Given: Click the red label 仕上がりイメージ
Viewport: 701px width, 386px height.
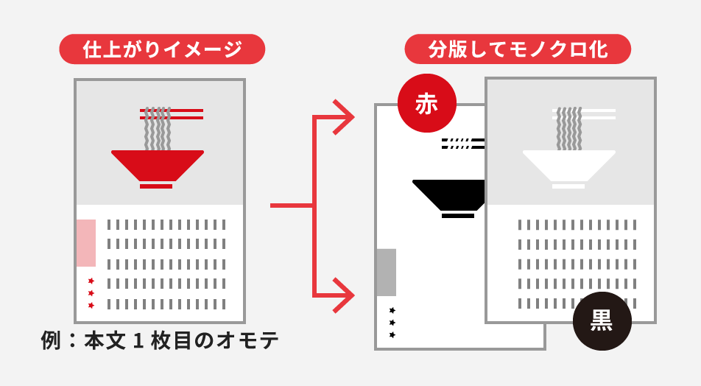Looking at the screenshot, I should coord(162,49).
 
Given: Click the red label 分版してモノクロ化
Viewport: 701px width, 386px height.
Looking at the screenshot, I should coord(518,49).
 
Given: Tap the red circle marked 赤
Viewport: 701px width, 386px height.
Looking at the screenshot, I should coord(427,103).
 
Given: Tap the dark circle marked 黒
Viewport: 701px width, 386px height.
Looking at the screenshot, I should coord(602,320).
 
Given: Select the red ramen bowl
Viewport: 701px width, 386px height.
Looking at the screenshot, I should coord(157,164).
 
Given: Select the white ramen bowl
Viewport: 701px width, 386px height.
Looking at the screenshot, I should coord(568,164).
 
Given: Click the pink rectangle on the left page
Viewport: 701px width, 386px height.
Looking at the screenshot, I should coord(86,243).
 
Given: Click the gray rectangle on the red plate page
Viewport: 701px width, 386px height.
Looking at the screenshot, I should coord(387,273).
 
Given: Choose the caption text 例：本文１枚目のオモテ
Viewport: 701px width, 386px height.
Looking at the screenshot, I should coord(161,340).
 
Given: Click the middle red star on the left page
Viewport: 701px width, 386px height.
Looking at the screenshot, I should coord(91,293).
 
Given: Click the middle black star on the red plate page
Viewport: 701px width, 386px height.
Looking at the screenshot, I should coord(392,323).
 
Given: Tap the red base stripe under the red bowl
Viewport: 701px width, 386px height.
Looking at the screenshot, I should coord(156,186).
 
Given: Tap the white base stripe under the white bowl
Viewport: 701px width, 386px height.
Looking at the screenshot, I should coord(568,186).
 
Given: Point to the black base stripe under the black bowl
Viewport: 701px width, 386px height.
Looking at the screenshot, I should coord(458,216).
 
